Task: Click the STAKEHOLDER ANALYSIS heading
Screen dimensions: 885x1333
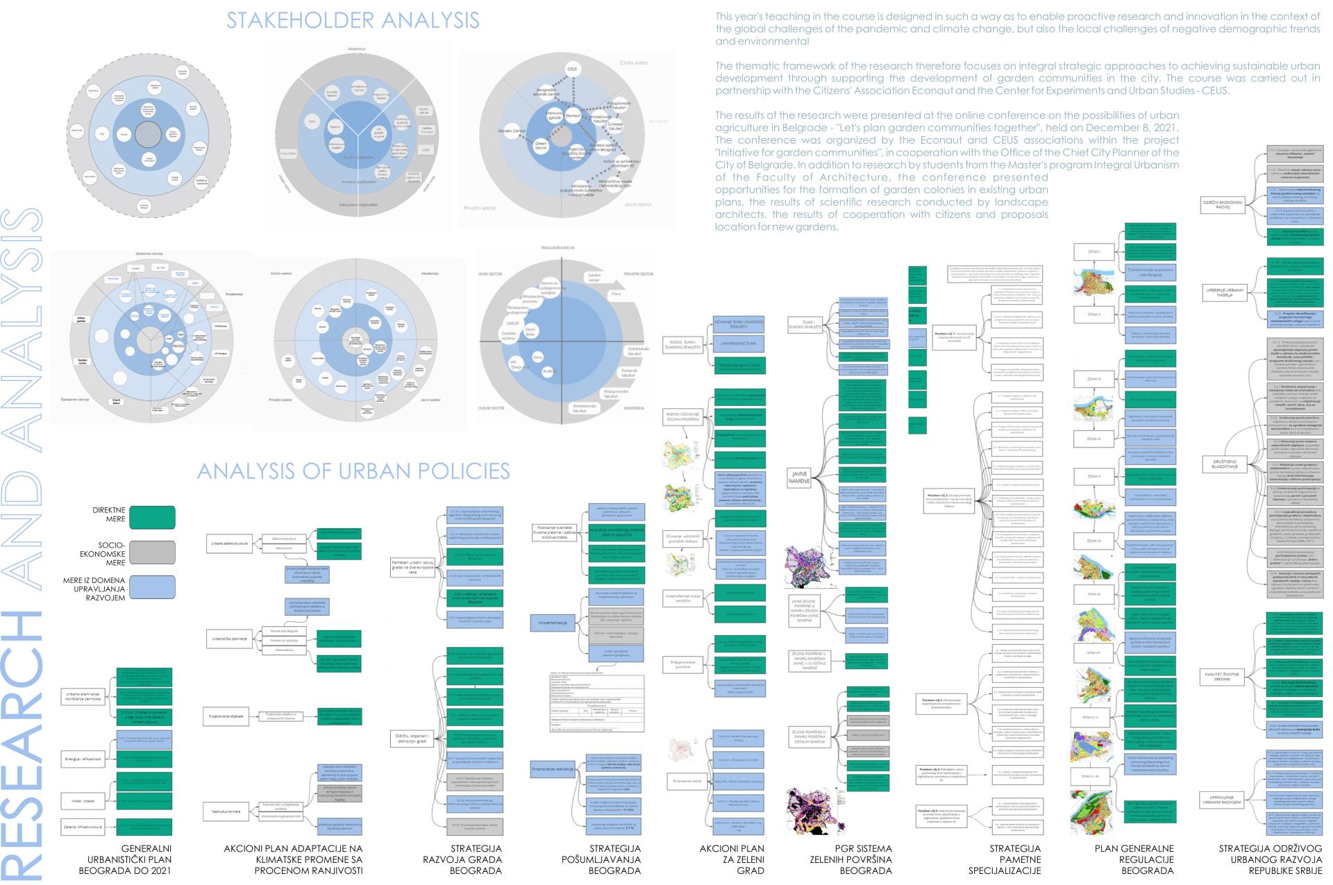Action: pyautogui.click(x=353, y=20)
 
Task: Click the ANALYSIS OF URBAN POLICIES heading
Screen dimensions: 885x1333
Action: pyautogui.click(x=353, y=471)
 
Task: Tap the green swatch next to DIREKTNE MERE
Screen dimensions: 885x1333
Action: pyautogui.click(x=152, y=517)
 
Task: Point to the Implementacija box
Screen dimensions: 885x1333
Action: pyautogui.click(x=553, y=623)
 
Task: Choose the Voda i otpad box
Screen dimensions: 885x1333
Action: pyautogui.click(x=83, y=800)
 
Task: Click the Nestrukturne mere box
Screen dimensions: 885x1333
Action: pyautogui.click(x=226, y=810)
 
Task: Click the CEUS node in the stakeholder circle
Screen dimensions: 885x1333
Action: pyautogui.click(x=573, y=70)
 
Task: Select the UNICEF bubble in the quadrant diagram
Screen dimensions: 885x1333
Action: pyautogui.click(x=513, y=323)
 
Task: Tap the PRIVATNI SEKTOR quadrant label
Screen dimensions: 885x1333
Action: pyautogui.click(x=639, y=274)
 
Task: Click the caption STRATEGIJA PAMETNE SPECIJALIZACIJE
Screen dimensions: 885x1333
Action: pyautogui.click(x=1014, y=859)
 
